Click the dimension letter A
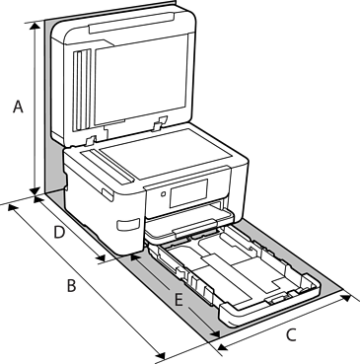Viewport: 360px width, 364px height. pyautogui.click(x=18, y=107)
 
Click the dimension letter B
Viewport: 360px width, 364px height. pyautogui.click(x=71, y=285)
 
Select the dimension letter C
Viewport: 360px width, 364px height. pyautogui.click(x=291, y=335)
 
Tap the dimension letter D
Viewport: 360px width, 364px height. pyautogui.click(x=59, y=233)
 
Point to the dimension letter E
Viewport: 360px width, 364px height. pyautogui.click(x=179, y=300)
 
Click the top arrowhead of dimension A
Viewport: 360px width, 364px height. pyautogui.click(x=35, y=26)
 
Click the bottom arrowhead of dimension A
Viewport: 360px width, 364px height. pyautogui.click(x=35, y=190)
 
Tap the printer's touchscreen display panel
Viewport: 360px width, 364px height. pyautogui.click(x=188, y=193)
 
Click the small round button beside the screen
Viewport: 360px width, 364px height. pyautogui.click(x=163, y=194)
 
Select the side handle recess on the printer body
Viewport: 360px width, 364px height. pyautogui.click(x=128, y=224)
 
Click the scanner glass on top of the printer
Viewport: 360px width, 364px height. pyautogui.click(x=165, y=154)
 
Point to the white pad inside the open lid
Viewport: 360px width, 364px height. pyautogui.click(x=140, y=80)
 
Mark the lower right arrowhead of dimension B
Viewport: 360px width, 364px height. pyautogui.click(x=160, y=355)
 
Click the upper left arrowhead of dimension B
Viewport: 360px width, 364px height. pyautogui.click(x=13, y=208)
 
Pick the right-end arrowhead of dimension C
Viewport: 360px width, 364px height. pyautogui.click(x=346, y=298)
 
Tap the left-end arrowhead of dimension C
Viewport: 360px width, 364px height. pyautogui.click(x=223, y=347)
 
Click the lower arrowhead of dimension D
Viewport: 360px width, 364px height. pyautogui.click(x=101, y=258)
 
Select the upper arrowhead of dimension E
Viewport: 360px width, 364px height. pyautogui.click(x=134, y=256)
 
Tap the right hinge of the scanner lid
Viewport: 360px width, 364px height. pyautogui.click(x=159, y=122)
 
